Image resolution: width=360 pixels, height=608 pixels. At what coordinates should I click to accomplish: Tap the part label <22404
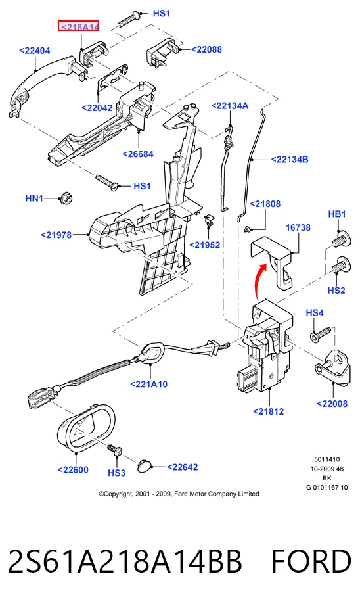click(x=34, y=51)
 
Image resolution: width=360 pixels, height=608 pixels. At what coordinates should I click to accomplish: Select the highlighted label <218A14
click(x=79, y=26)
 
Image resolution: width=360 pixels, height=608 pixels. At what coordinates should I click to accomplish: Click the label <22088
click(x=206, y=49)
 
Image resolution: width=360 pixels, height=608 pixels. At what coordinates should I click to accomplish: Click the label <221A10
click(x=149, y=385)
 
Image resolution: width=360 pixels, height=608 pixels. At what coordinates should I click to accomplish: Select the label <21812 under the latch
click(x=269, y=411)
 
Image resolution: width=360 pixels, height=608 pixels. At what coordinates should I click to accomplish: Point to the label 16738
click(x=298, y=227)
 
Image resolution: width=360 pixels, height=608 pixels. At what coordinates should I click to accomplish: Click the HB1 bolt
click(x=342, y=238)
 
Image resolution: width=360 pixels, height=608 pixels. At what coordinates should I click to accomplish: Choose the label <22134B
click(x=290, y=159)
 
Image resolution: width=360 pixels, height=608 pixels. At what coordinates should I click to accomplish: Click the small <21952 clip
click(x=208, y=220)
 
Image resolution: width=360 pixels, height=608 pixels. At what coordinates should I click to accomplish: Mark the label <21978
click(x=56, y=235)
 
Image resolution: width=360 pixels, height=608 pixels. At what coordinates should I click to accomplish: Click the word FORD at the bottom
click(x=311, y=561)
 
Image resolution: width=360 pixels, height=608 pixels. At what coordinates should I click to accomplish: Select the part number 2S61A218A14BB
click(x=125, y=561)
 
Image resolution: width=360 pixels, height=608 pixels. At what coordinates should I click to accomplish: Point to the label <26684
click(x=138, y=154)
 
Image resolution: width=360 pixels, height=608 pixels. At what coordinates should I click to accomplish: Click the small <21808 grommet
click(x=247, y=230)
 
